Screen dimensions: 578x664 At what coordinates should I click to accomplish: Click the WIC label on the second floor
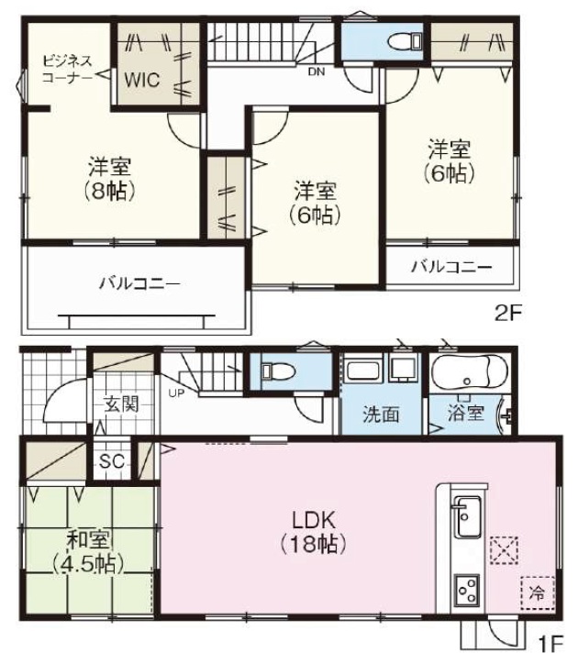tap(142, 80)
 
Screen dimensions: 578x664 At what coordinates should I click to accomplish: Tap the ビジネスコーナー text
tap(67, 69)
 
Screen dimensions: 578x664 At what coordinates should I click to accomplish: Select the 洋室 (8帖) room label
tap(110, 179)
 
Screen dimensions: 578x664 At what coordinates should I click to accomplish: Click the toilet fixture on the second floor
tap(406, 41)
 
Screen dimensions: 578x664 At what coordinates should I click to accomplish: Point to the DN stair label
tap(317, 72)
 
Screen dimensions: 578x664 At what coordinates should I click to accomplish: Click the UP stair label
tap(176, 393)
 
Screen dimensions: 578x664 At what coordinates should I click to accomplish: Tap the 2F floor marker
tap(507, 314)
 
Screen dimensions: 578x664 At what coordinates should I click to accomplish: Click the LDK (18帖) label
tap(314, 532)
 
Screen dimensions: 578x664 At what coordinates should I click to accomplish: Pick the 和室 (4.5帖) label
tap(89, 552)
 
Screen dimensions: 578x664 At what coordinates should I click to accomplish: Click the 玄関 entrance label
tap(122, 404)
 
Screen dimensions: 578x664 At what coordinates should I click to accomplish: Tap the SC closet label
tap(112, 461)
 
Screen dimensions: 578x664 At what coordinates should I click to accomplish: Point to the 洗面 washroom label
tap(381, 415)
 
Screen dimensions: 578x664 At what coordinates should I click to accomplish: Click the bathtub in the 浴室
tap(469, 371)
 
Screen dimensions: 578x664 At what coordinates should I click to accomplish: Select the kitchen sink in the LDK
tap(468, 516)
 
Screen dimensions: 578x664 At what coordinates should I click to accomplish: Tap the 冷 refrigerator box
tap(538, 592)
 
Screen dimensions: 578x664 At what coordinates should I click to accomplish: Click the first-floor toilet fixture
tap(278, 371)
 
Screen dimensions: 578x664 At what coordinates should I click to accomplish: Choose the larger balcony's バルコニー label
tap(139, 283)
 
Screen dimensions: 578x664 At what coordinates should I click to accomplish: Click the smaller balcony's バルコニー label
tap(451, 267)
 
